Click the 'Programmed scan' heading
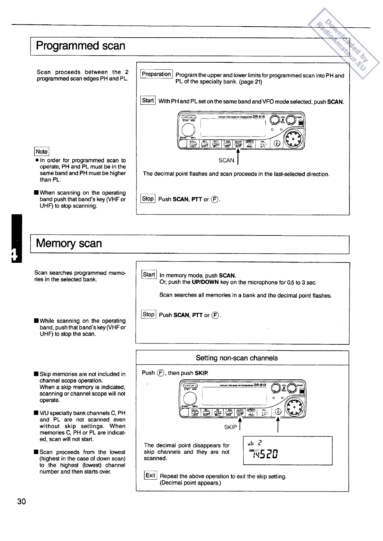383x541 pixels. [80, 46]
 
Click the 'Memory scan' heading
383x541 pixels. [69, 244]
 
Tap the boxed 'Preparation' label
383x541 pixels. [156, 74]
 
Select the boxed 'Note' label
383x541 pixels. [41, 152]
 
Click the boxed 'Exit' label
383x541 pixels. [150, 475]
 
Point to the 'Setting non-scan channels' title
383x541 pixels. [237, 358]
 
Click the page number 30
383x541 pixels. [22, 501]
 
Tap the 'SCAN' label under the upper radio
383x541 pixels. [226, 160]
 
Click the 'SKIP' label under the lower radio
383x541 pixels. [230, 427]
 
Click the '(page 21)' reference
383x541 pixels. [251, 82]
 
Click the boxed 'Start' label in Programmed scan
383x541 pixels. [148, 101]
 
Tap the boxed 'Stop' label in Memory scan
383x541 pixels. [148, 315]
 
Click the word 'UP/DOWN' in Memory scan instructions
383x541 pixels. [205, 282]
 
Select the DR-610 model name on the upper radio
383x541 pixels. [259, 117]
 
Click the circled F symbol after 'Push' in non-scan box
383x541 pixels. [161, 373]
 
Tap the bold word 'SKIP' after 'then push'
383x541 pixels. [201, 373]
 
